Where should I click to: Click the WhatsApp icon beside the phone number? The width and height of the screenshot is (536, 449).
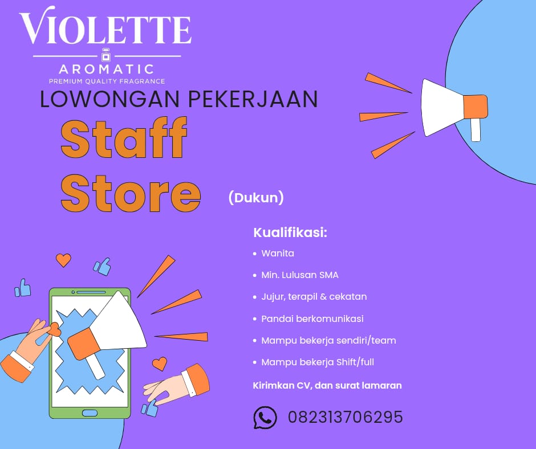click(x=265, y=418)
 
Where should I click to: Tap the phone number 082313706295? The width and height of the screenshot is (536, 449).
click(x=346, y=418)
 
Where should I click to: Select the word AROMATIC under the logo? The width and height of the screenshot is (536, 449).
click(x=107, y=70)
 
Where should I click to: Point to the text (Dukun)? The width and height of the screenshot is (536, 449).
click(x=256, y=198)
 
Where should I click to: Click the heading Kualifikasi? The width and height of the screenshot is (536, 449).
click(x=290, y=232)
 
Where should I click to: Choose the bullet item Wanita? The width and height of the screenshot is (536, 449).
click(x=278, y=253)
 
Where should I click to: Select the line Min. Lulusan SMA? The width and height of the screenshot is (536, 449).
click(x=300, y=275)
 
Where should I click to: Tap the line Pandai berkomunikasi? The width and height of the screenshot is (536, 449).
click(x=312, y=319)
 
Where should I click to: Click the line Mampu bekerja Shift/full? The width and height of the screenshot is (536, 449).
click(x=318, y=362)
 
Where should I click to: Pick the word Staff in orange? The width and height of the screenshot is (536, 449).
click(x=124, y=140)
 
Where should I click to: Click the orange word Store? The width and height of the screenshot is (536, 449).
click(x=131, y=191)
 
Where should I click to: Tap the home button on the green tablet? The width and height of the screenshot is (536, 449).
click(x=90, y=413)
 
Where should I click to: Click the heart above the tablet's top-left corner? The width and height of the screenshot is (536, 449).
click(x=63, y=260)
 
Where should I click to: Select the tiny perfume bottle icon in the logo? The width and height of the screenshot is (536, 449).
click(x=105, y=55)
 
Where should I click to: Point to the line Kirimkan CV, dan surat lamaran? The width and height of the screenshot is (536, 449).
click(x=327, y=386)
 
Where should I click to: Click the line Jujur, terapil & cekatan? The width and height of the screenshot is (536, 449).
click(x=314, y=297)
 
